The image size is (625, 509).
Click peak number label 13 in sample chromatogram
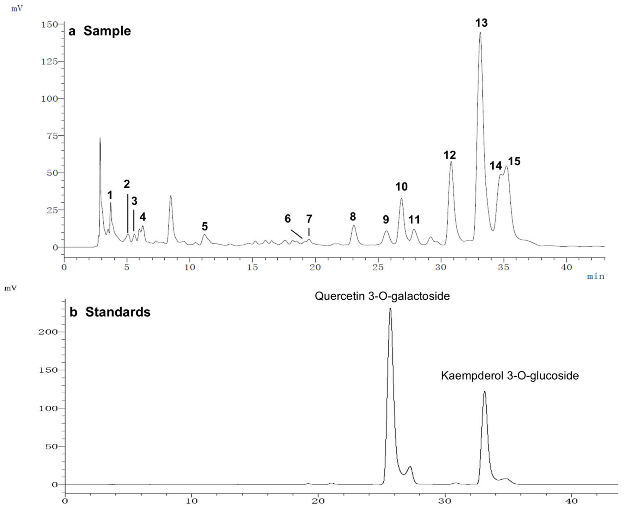[481, 23]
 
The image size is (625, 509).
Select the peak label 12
[449, 155]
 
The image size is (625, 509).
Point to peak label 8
[353, 217]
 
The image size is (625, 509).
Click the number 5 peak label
[205, 226]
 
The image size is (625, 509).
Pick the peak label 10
[401, 186]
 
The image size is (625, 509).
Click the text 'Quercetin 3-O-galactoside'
[382, 296]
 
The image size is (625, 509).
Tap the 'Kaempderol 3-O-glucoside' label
[510, 376]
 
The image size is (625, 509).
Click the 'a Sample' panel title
[100, 31]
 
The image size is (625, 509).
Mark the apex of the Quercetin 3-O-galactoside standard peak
[390, 308]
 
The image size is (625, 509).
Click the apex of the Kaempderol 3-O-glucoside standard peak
[485, 391]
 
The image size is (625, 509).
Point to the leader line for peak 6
[296, 234]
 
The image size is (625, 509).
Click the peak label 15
[514, 161]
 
